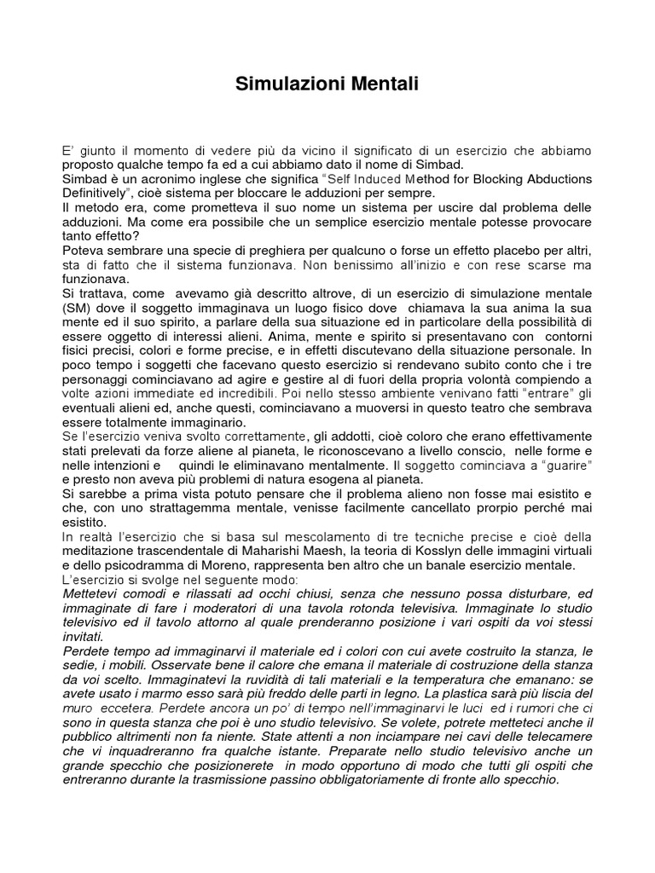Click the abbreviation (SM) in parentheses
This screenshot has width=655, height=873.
(76, 307)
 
